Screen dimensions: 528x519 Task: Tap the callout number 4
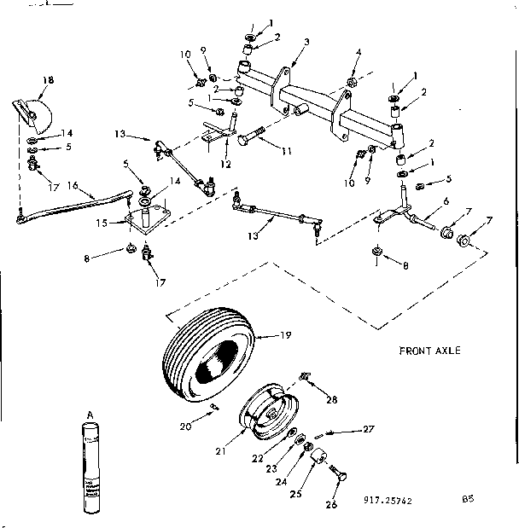click(358, 53)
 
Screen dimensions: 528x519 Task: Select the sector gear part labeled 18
click(37, 113)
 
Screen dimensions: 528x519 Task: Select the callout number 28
click(332, 398)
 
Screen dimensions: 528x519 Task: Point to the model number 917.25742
click(388, 501)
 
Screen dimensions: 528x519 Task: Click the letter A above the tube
click(88, 415)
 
